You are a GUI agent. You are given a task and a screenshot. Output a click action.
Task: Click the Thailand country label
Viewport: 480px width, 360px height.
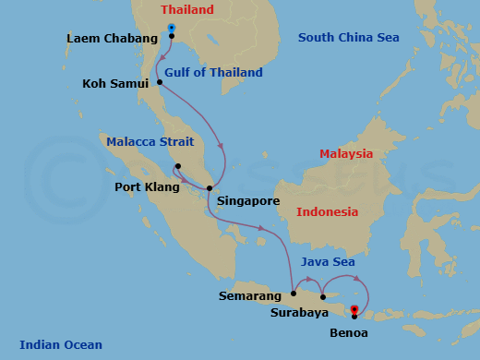186,10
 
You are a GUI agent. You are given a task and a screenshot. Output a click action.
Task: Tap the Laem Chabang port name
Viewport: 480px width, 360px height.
109,39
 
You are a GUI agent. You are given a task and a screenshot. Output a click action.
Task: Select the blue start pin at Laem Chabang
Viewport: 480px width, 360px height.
172,29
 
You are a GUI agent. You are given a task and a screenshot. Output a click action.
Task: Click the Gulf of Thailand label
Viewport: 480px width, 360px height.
214,73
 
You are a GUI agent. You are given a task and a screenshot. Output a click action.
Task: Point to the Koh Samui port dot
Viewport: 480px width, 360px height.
160,82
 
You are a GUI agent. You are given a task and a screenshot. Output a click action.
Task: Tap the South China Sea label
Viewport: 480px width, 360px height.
348,38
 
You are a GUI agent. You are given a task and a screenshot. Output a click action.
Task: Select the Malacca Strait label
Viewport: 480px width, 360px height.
150,142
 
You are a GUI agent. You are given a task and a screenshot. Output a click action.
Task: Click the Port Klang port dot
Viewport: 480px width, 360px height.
177,167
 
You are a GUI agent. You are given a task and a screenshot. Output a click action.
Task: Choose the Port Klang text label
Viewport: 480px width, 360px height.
147,187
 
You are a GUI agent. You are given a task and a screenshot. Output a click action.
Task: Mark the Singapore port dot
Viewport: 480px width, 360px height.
210,188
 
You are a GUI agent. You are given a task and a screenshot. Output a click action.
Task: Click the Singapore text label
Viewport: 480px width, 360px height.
247,200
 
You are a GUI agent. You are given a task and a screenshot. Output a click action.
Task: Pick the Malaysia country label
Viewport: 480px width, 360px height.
346,154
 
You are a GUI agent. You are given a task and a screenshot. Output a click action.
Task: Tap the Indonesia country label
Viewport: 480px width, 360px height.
327,212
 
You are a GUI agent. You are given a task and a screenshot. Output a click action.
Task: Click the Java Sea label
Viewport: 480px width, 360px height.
329,263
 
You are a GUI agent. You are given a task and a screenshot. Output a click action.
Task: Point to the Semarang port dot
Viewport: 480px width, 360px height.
294,294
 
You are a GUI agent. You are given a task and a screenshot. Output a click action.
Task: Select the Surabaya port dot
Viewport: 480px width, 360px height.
322,297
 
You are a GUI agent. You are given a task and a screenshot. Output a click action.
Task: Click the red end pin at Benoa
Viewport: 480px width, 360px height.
354,311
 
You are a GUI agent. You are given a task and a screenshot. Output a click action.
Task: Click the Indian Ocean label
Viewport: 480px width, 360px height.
61,345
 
